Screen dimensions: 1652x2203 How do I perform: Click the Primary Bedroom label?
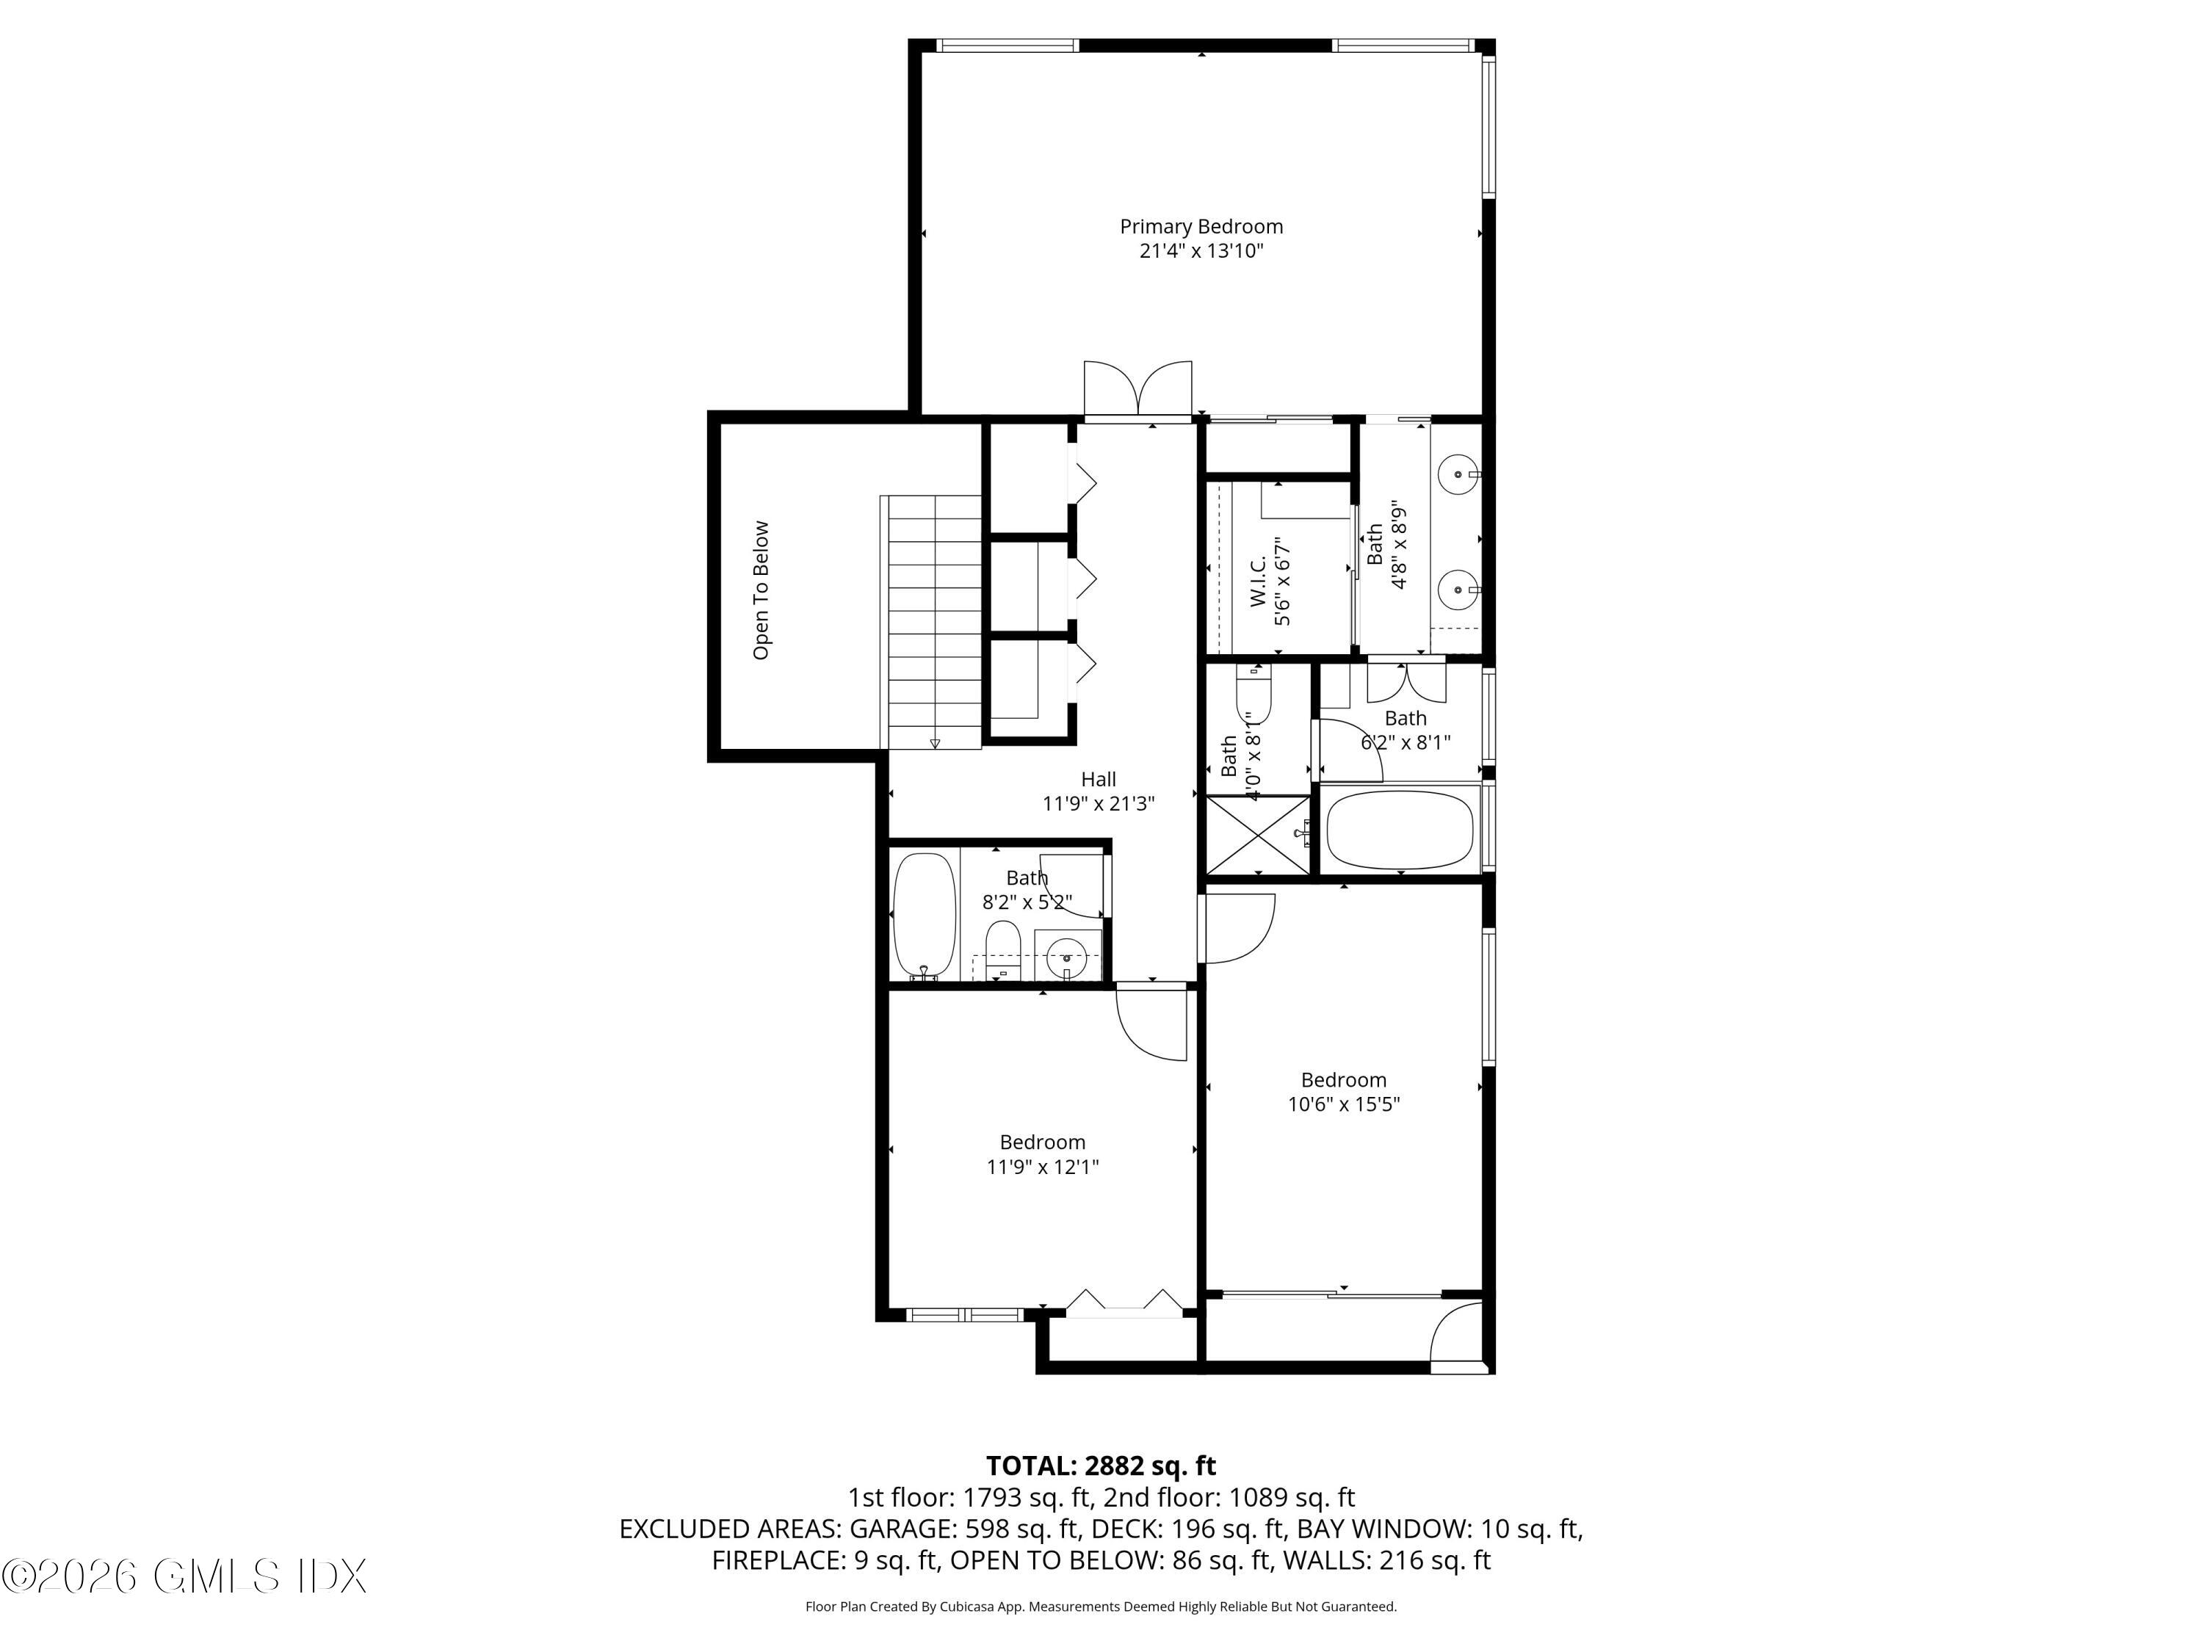1201,227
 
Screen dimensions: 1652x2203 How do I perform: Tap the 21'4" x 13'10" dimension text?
1201,251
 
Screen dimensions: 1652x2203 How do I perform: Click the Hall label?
1099,780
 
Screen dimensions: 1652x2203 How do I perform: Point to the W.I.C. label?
1258,582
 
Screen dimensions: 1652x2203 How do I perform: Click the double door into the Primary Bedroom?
1138,391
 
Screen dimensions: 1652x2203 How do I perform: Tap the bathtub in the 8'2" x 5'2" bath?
925,913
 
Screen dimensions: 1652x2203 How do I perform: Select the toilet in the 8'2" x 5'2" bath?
1003,949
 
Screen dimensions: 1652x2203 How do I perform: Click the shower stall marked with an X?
1259,835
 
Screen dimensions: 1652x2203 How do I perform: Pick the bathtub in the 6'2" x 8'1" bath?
1400,830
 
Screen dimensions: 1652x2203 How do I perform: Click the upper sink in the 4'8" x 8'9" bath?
1459,475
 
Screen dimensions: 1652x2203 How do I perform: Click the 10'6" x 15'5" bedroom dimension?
1344,1104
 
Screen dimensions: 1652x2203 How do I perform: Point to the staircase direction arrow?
934,743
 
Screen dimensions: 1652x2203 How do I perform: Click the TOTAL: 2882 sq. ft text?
1101,1466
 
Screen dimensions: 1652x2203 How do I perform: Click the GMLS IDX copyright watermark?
184,1576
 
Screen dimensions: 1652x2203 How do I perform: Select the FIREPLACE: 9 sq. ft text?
825,1560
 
